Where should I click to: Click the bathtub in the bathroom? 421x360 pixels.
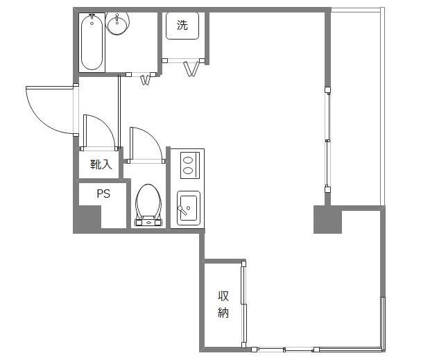pos(92,42)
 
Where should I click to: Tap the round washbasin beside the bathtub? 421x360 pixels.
pos(117,24)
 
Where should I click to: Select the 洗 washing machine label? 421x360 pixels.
pos(182,25)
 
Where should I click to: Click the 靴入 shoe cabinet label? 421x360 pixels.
pos(101,164)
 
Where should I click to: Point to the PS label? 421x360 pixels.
pos(103,194)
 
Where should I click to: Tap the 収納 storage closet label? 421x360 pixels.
pos(223,304)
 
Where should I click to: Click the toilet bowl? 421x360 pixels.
pos(148,200)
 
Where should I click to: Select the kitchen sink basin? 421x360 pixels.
pos(189,208)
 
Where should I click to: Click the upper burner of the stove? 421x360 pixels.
pos(188,161)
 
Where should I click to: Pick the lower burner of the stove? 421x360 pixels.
pos(188,170)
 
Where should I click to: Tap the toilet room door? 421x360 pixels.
pos(146,145)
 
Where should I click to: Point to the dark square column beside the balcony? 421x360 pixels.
pos(327,219)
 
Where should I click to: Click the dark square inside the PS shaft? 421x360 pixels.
pos(89,217)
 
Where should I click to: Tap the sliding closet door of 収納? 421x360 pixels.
pos(244,305)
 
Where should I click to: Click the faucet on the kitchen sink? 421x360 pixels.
pos(182,209)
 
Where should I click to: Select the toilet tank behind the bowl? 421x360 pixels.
pos(148,222)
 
